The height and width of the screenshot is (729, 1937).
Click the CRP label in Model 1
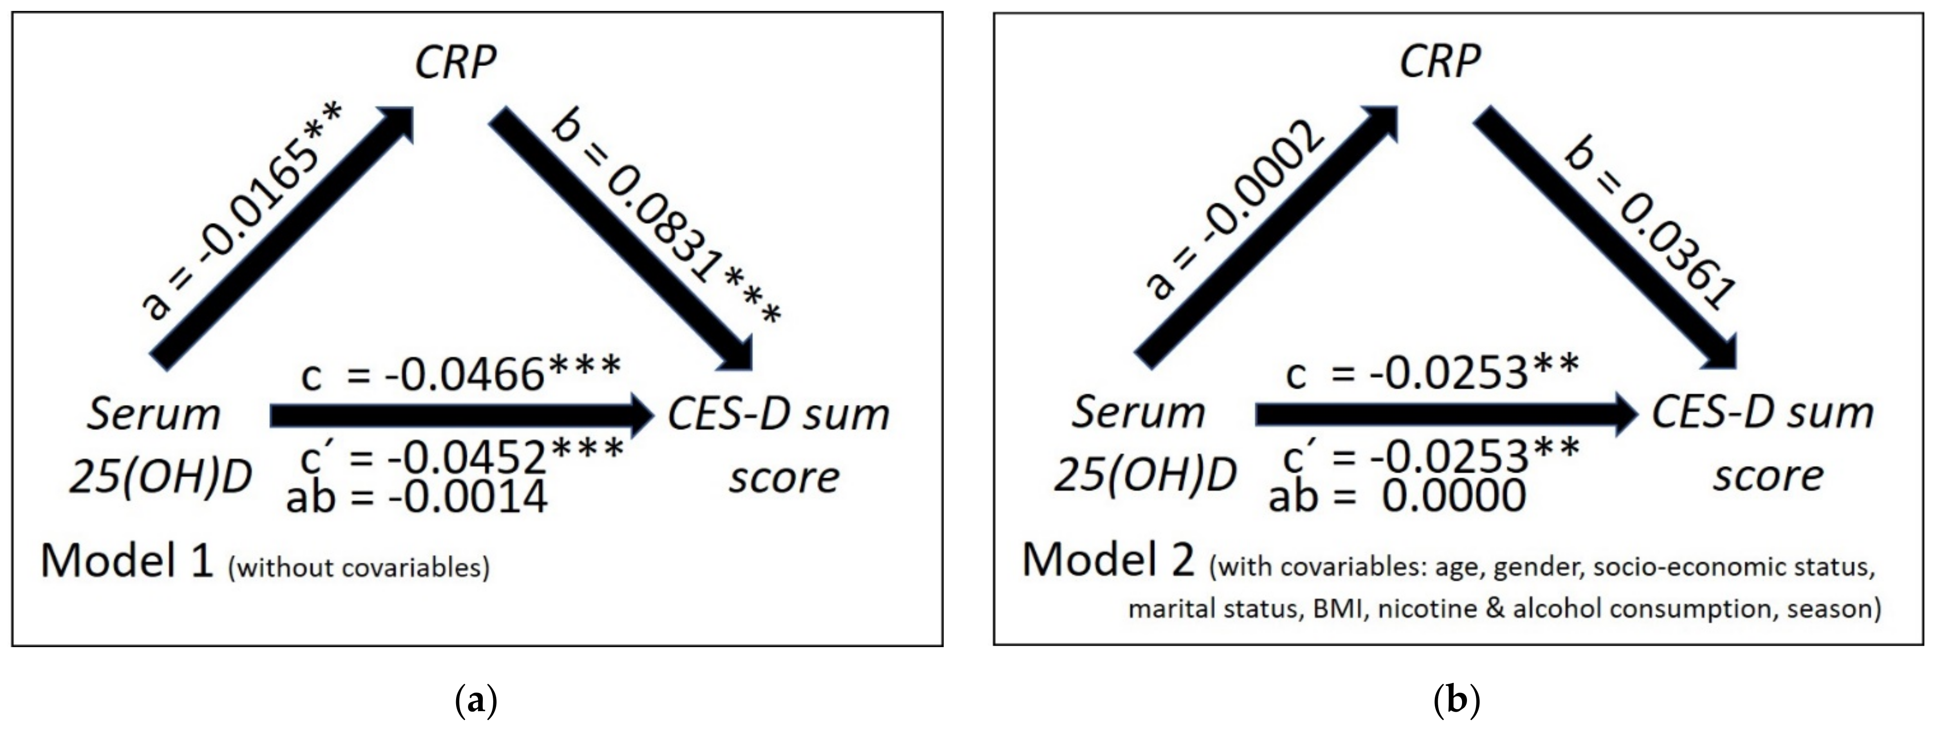coord(456,62)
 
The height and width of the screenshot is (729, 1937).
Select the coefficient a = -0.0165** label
coord(242,210)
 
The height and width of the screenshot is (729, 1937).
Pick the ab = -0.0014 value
coord(416,497)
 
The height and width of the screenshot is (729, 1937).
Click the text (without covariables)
coord(358,567)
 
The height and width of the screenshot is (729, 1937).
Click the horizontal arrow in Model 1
coord(460,415)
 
